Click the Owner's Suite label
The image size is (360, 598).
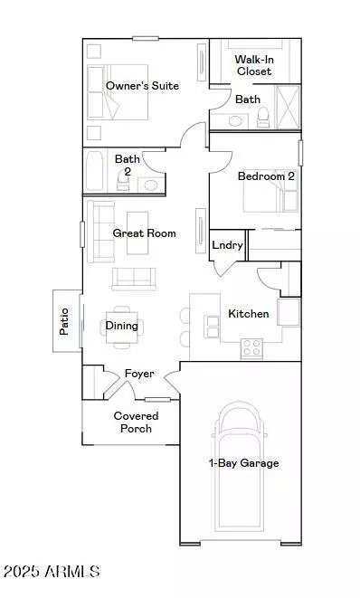click(x=142, y=86)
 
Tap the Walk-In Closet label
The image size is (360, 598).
click(x=254, y=64)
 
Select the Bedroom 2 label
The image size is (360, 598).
click(x=266, y=176)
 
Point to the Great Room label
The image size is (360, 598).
click(x=144, y=233)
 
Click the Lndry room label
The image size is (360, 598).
click(x=226, y=245)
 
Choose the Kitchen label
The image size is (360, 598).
click(x=248, y=314)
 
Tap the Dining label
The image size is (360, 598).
click(x=122, y=326)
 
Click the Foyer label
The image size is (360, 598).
click(x=139, y=374)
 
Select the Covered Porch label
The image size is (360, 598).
click(x=136, y=422)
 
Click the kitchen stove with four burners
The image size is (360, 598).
click(x=251, y=346)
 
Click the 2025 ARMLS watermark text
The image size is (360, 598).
click(x=51, y=572)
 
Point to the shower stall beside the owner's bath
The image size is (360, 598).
click(x=288, y=109)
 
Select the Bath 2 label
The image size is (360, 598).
click(x=127, y=165)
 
